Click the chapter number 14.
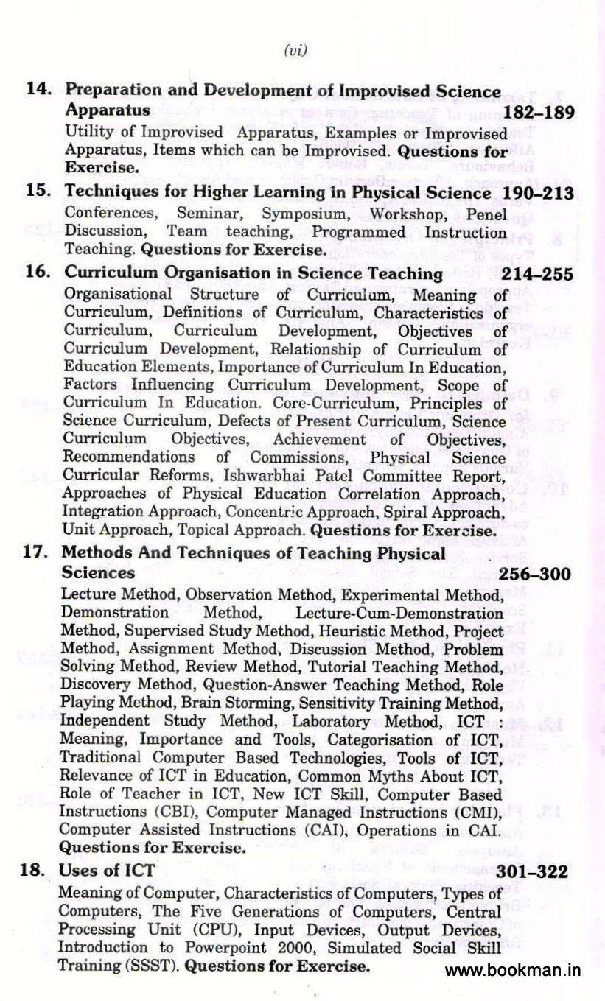[38, 91]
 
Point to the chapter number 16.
[38, 273]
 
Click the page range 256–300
[534, 574]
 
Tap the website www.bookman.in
[513, 970]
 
